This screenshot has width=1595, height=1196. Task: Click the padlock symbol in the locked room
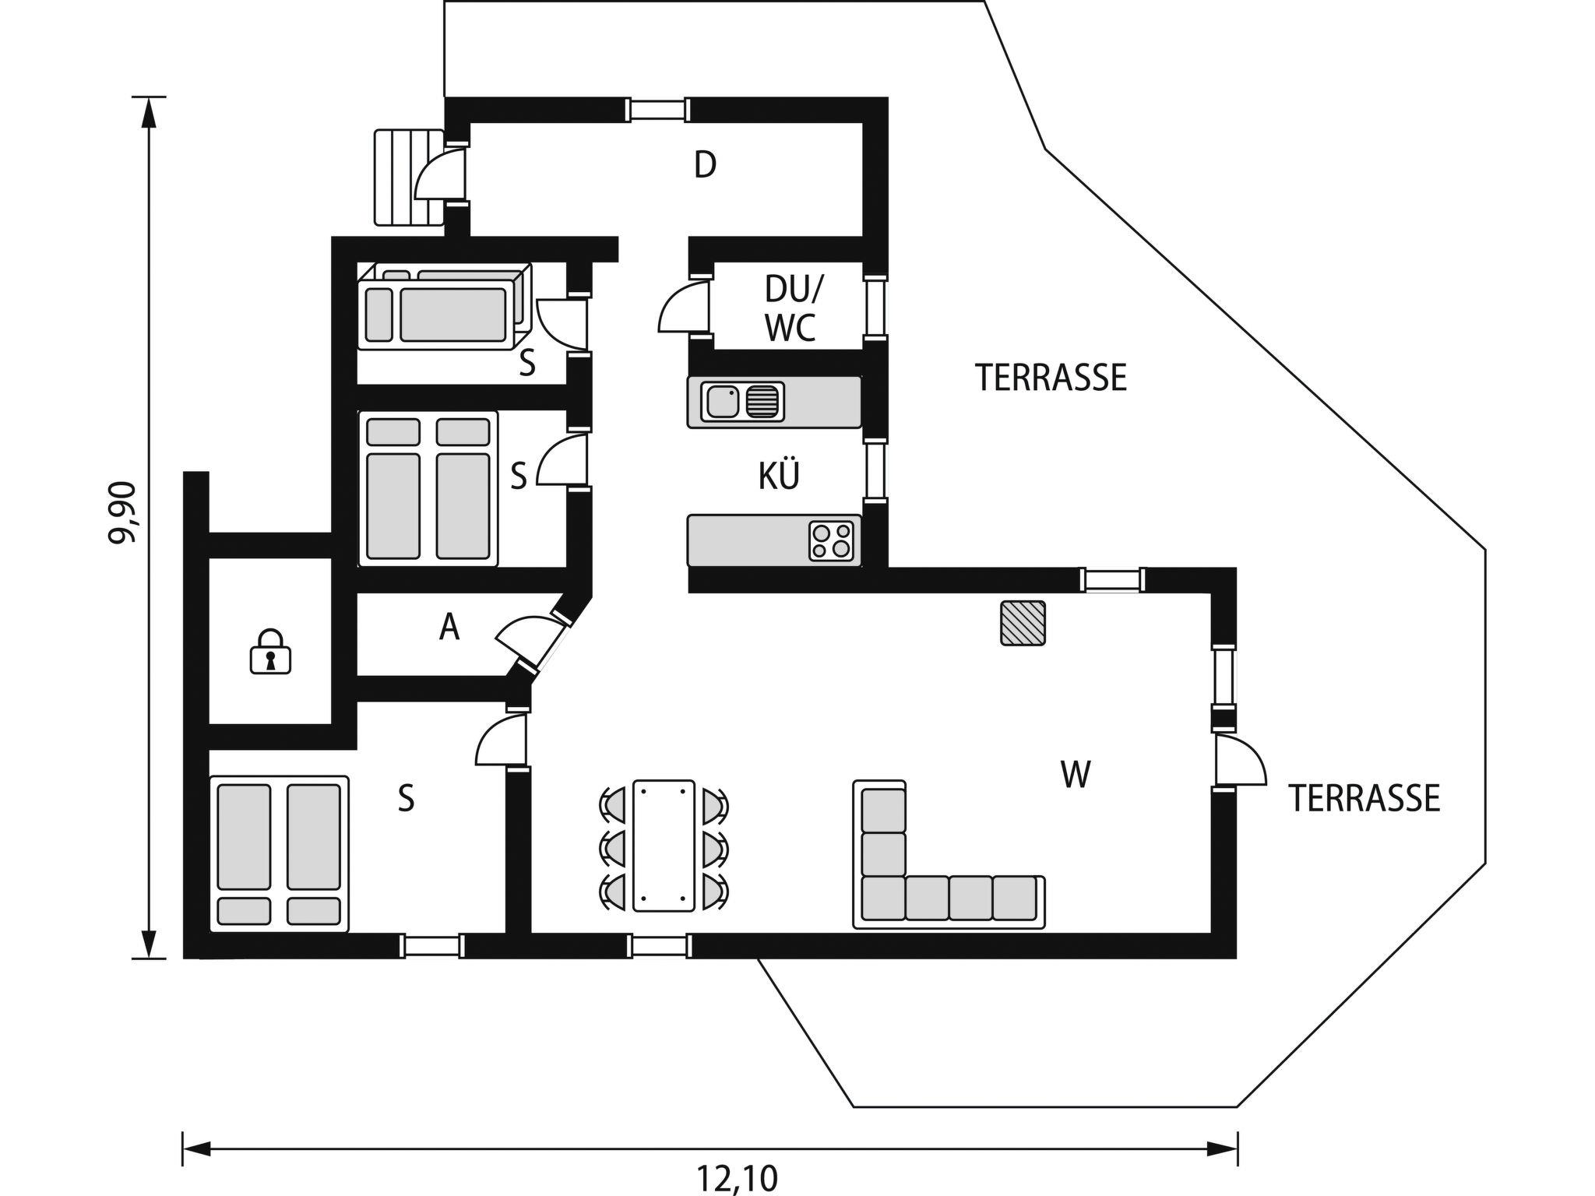(270, 651)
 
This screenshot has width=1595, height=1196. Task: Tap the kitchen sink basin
(723, 402)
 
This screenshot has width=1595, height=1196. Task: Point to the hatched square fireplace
(1023, 623)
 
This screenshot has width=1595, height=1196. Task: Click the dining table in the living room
(664, 845)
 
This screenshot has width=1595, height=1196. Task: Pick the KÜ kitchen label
(779, 475)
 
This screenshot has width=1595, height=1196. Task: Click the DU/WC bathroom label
(791, 308)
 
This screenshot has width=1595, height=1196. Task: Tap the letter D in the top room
(705, 165)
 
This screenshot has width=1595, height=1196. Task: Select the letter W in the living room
(1076, 775)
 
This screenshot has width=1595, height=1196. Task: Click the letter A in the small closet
(449, 627)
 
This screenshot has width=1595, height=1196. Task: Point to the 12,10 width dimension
(737, 1178)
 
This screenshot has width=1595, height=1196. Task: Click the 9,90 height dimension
(125, 513)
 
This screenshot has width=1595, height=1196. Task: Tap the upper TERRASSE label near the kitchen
(1051, 378)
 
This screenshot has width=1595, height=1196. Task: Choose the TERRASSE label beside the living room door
(1364, 799)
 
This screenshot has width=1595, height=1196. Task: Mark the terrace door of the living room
(1240, 761)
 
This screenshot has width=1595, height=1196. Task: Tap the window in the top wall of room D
(658, 110)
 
